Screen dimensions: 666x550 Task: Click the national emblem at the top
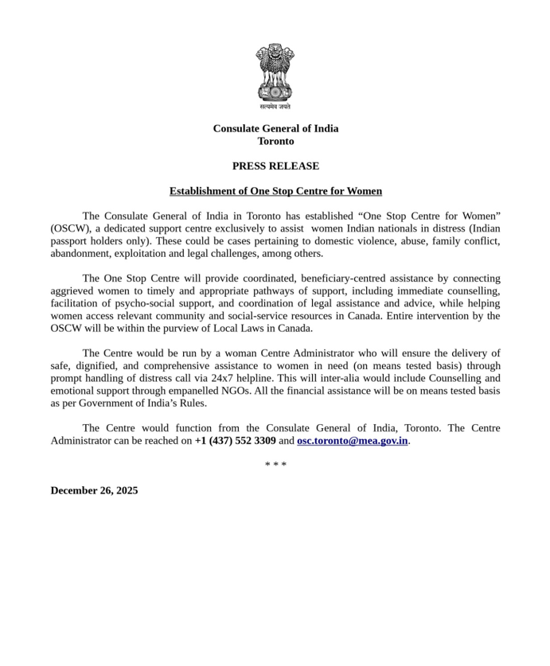point(275,72)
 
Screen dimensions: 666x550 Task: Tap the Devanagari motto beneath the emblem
point(275,107)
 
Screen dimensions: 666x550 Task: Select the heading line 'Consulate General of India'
point(275,128)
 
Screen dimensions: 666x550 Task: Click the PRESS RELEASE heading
point(275,166)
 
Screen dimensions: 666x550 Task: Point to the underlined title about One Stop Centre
point(275,191)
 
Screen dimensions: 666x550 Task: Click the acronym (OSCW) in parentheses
point(70,228)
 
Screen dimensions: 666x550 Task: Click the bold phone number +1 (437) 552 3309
point(235,440)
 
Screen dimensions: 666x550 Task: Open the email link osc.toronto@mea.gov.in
point(352,440)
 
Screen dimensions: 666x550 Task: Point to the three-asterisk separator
point(275,465)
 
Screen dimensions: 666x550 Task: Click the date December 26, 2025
point(94,490)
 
